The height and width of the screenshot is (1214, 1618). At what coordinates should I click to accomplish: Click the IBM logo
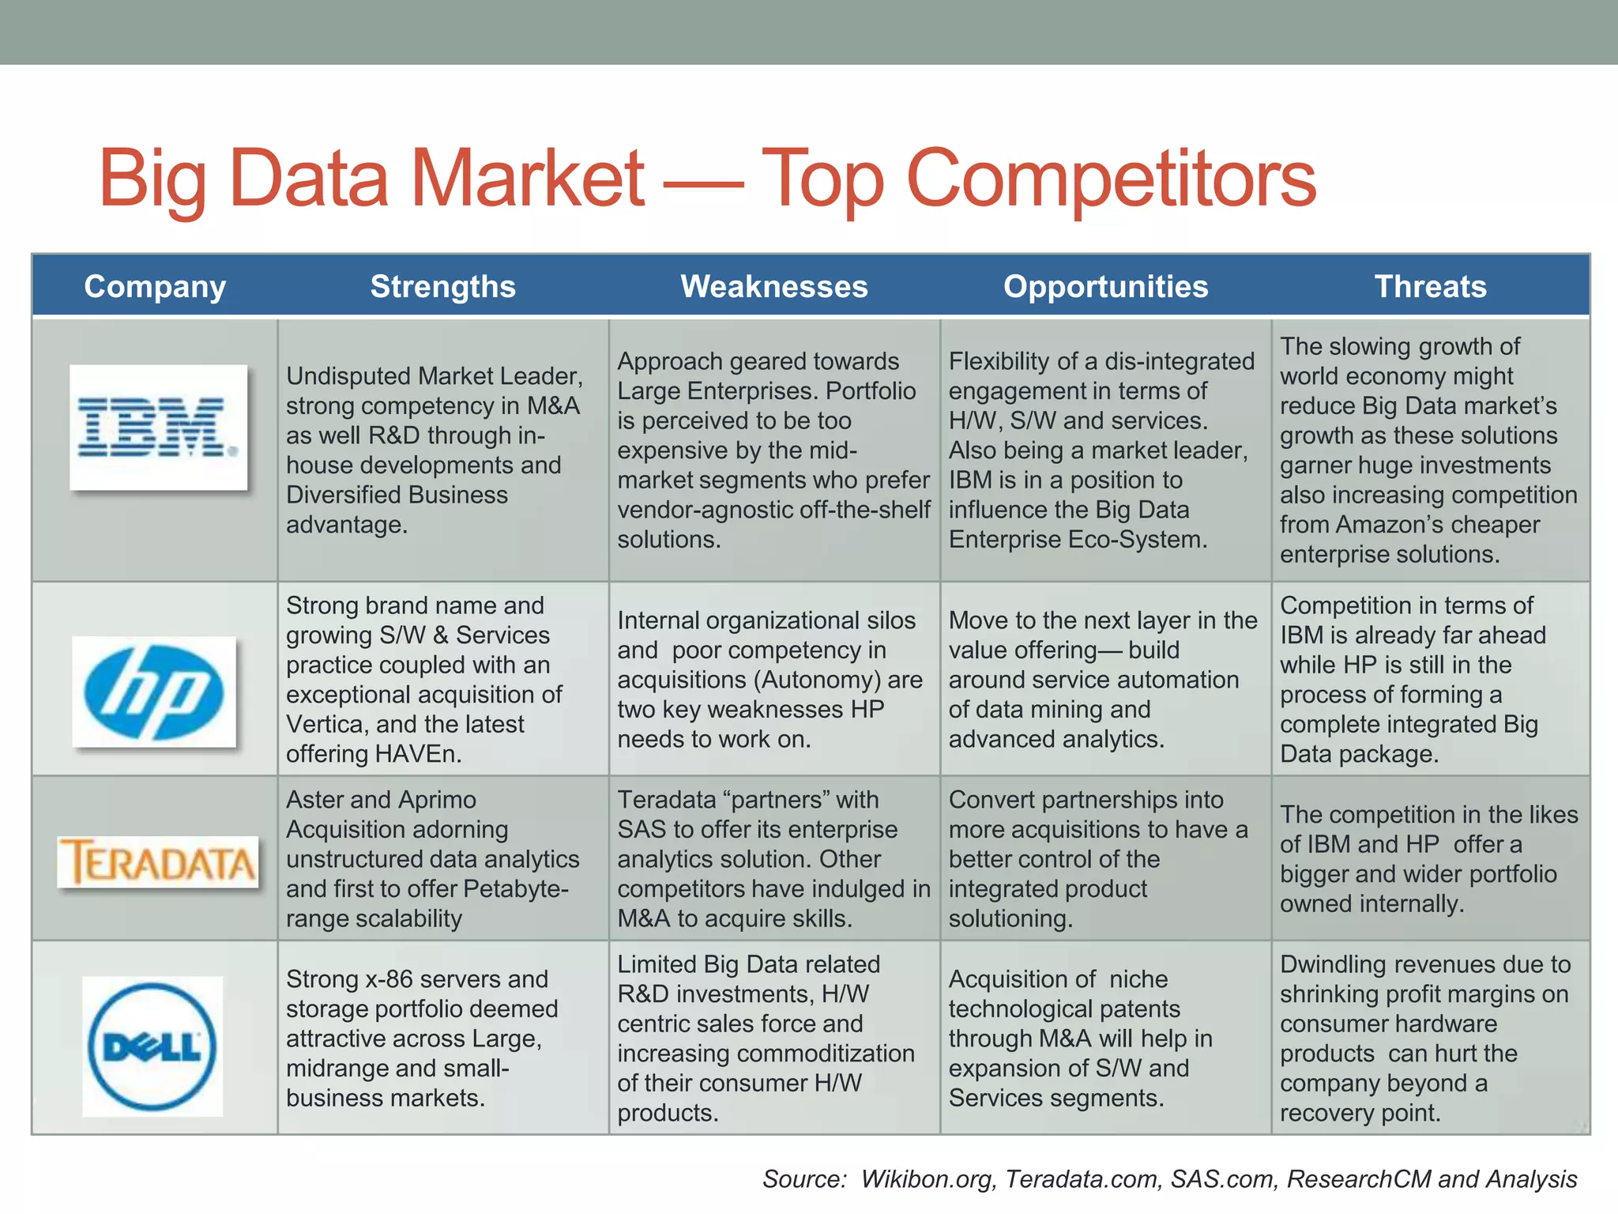coord(158,428)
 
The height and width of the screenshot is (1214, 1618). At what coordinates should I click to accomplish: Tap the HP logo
coord(154,692)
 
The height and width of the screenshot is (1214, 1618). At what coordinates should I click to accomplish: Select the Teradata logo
coord(158,861)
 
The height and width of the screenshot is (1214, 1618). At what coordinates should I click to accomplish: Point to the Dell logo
coord(152,1046)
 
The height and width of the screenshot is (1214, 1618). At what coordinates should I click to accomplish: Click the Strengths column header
coord(442,286)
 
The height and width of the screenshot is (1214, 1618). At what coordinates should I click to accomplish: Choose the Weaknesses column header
coord(774,286)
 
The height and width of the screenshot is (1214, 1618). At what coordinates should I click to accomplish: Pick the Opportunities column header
coord(1105,286)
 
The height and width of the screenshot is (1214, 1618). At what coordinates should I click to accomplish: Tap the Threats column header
coord(1430,286)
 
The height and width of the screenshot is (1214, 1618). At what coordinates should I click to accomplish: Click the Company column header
coord(155,287)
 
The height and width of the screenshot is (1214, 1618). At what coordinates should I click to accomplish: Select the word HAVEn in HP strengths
coord(418,754)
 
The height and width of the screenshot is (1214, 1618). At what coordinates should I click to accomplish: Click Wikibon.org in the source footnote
coord(928,1179)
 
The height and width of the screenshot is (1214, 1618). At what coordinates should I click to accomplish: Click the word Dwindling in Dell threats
coord(1333,964)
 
